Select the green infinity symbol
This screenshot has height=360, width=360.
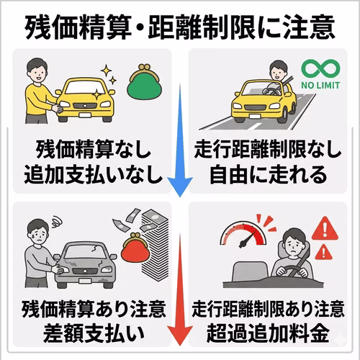320,68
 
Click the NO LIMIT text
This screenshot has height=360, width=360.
320,85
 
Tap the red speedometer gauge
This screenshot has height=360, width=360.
243,235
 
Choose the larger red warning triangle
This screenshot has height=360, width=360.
325,228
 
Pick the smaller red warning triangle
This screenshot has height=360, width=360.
323,252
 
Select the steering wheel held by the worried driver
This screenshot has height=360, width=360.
292,271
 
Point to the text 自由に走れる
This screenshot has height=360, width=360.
268,174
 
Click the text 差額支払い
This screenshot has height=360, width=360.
94,333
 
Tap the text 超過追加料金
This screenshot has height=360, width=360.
268,333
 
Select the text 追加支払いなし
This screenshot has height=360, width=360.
93,174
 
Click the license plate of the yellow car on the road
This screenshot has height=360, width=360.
255,116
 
